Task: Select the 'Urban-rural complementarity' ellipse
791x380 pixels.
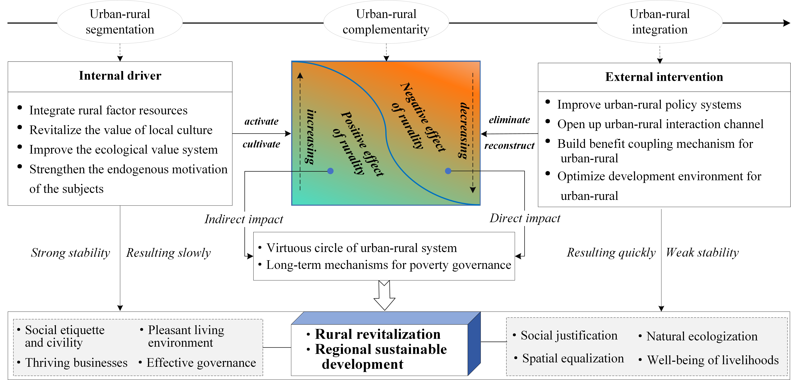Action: tap(386, 22)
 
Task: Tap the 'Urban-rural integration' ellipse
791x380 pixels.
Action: tap(660, 22)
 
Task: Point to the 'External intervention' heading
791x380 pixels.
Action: tap(664, 77)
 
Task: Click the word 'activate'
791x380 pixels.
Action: tap(261, 121)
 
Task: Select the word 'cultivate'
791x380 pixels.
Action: tap(261, 144)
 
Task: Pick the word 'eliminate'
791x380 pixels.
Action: tap(509, 120)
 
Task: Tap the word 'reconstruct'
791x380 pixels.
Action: tap(509, 145)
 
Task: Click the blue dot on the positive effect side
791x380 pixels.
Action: tap(330, 171)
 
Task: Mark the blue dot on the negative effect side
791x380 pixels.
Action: tap(448, 171)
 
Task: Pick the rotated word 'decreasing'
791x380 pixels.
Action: tap(463, 130)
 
